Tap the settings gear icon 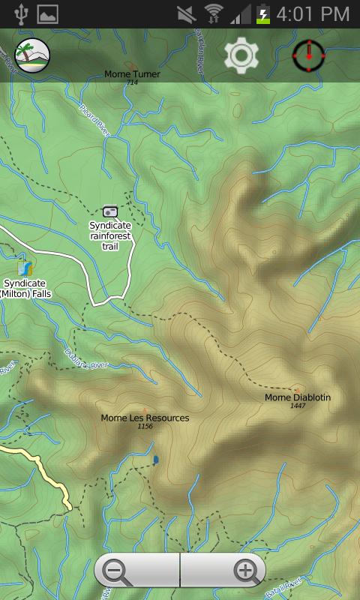click(241, 55)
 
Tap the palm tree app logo click(32, 55)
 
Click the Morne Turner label click(132, 74)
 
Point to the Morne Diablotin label click(297, 397)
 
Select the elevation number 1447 click(298, 406)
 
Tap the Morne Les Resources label click(145, 418)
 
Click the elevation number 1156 click(145, 427)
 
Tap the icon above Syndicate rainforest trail click(110, 211)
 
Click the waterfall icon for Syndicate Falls click(25, 268)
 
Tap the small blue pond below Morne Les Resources click(156, 459)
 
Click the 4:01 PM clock click(313, 13)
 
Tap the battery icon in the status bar click(263, 13)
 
